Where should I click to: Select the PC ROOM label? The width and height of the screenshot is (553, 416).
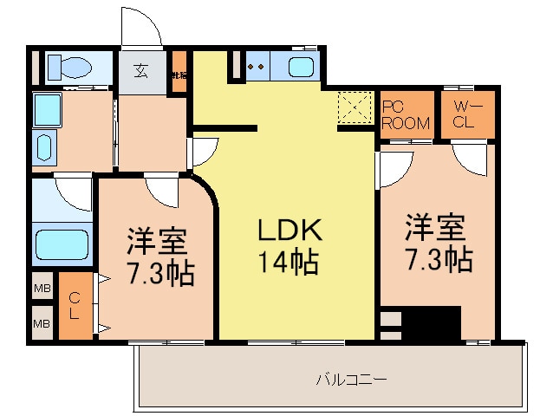pos(406,114)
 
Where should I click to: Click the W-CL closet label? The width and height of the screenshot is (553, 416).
pos(464,114)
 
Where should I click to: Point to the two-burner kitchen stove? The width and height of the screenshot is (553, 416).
pos(257,66)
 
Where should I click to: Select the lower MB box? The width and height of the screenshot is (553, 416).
pos(42,324)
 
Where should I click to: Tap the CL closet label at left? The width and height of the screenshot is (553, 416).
pos(75,306)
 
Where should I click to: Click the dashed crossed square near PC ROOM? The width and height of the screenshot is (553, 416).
pos(354,108)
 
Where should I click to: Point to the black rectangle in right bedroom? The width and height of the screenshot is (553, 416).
pos(432,324)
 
